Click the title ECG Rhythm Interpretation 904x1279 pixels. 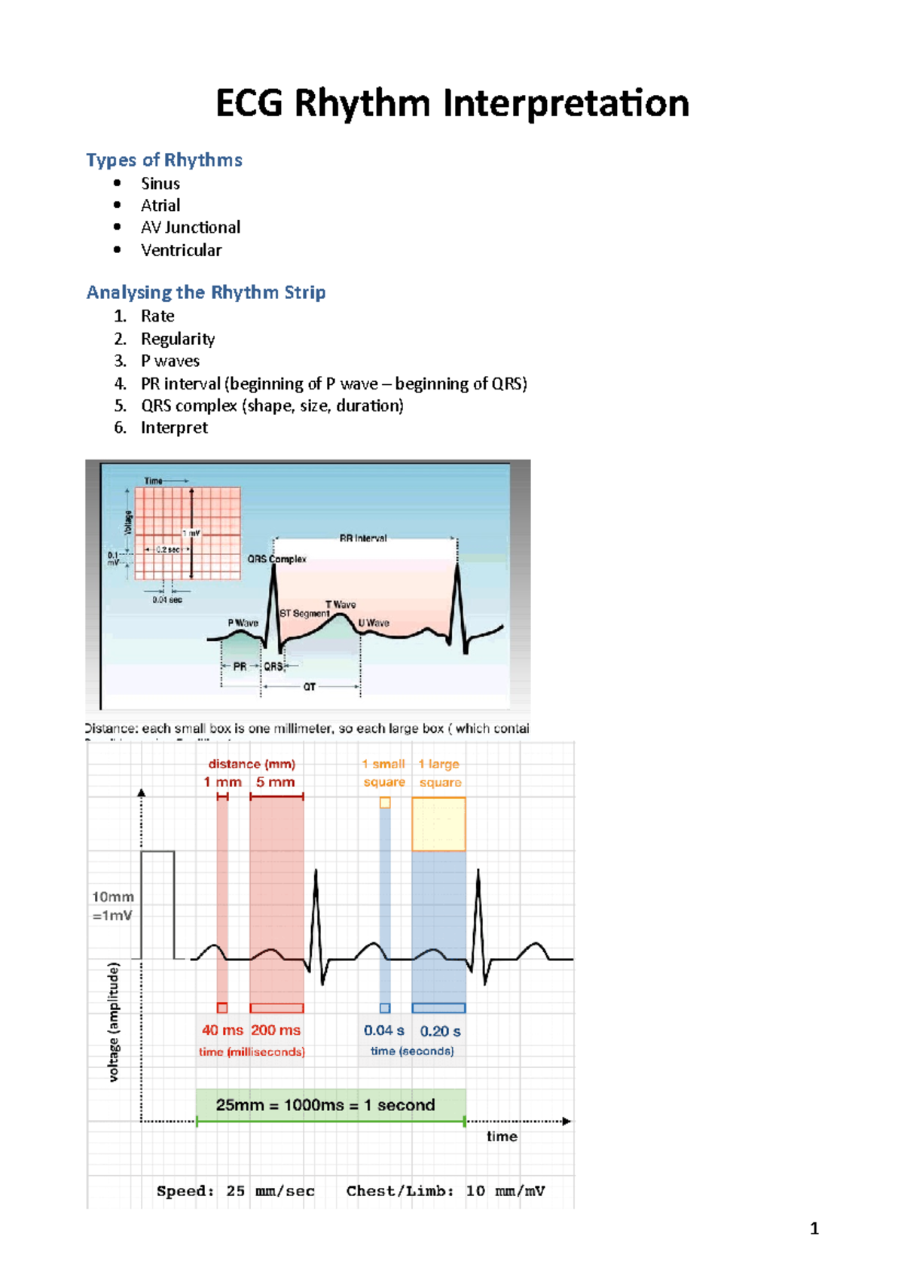pos(452,103)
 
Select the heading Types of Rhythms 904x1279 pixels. pos(164,160)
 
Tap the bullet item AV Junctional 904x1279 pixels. pos(191,227)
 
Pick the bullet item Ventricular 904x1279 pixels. pos(181,250)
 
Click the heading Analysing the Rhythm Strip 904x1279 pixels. pos(206,292)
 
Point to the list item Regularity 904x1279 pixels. pos(178,339)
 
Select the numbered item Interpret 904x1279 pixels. pos(174,428)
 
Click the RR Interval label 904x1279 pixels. pos(363,539)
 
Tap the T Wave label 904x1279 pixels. pos(341,604)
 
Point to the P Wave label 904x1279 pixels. pos(243,623)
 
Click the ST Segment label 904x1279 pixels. pos(304,613)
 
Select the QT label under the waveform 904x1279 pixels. pos(310,687)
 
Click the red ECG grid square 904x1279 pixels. pos(188,533)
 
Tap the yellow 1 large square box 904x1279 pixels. pos(438,824)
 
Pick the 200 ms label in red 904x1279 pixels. pos(276,1030)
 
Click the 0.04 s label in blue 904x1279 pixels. pos(384,1030)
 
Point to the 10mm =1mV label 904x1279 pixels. pos(112,906)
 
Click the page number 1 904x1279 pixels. pos(814,1229)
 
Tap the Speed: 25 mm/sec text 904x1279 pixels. pos(236,1191)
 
